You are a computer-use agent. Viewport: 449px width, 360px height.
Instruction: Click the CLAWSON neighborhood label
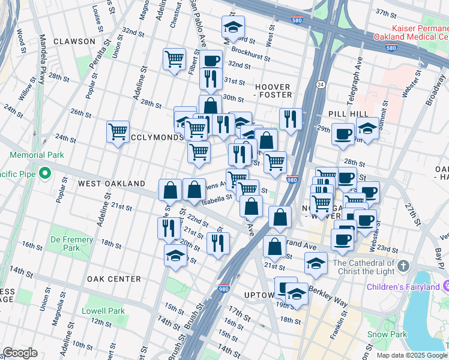point(73,41)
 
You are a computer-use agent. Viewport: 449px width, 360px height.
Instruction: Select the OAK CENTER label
point(113,279)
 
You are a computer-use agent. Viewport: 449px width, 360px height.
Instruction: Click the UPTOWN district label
point(259,295)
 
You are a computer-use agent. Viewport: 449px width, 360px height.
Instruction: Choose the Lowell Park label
point(104,311)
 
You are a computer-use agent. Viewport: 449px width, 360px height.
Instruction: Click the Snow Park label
point(387,334)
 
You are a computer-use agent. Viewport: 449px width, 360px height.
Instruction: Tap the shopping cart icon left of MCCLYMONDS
point(118,131)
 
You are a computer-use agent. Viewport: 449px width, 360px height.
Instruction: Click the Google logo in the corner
point(20,353)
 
